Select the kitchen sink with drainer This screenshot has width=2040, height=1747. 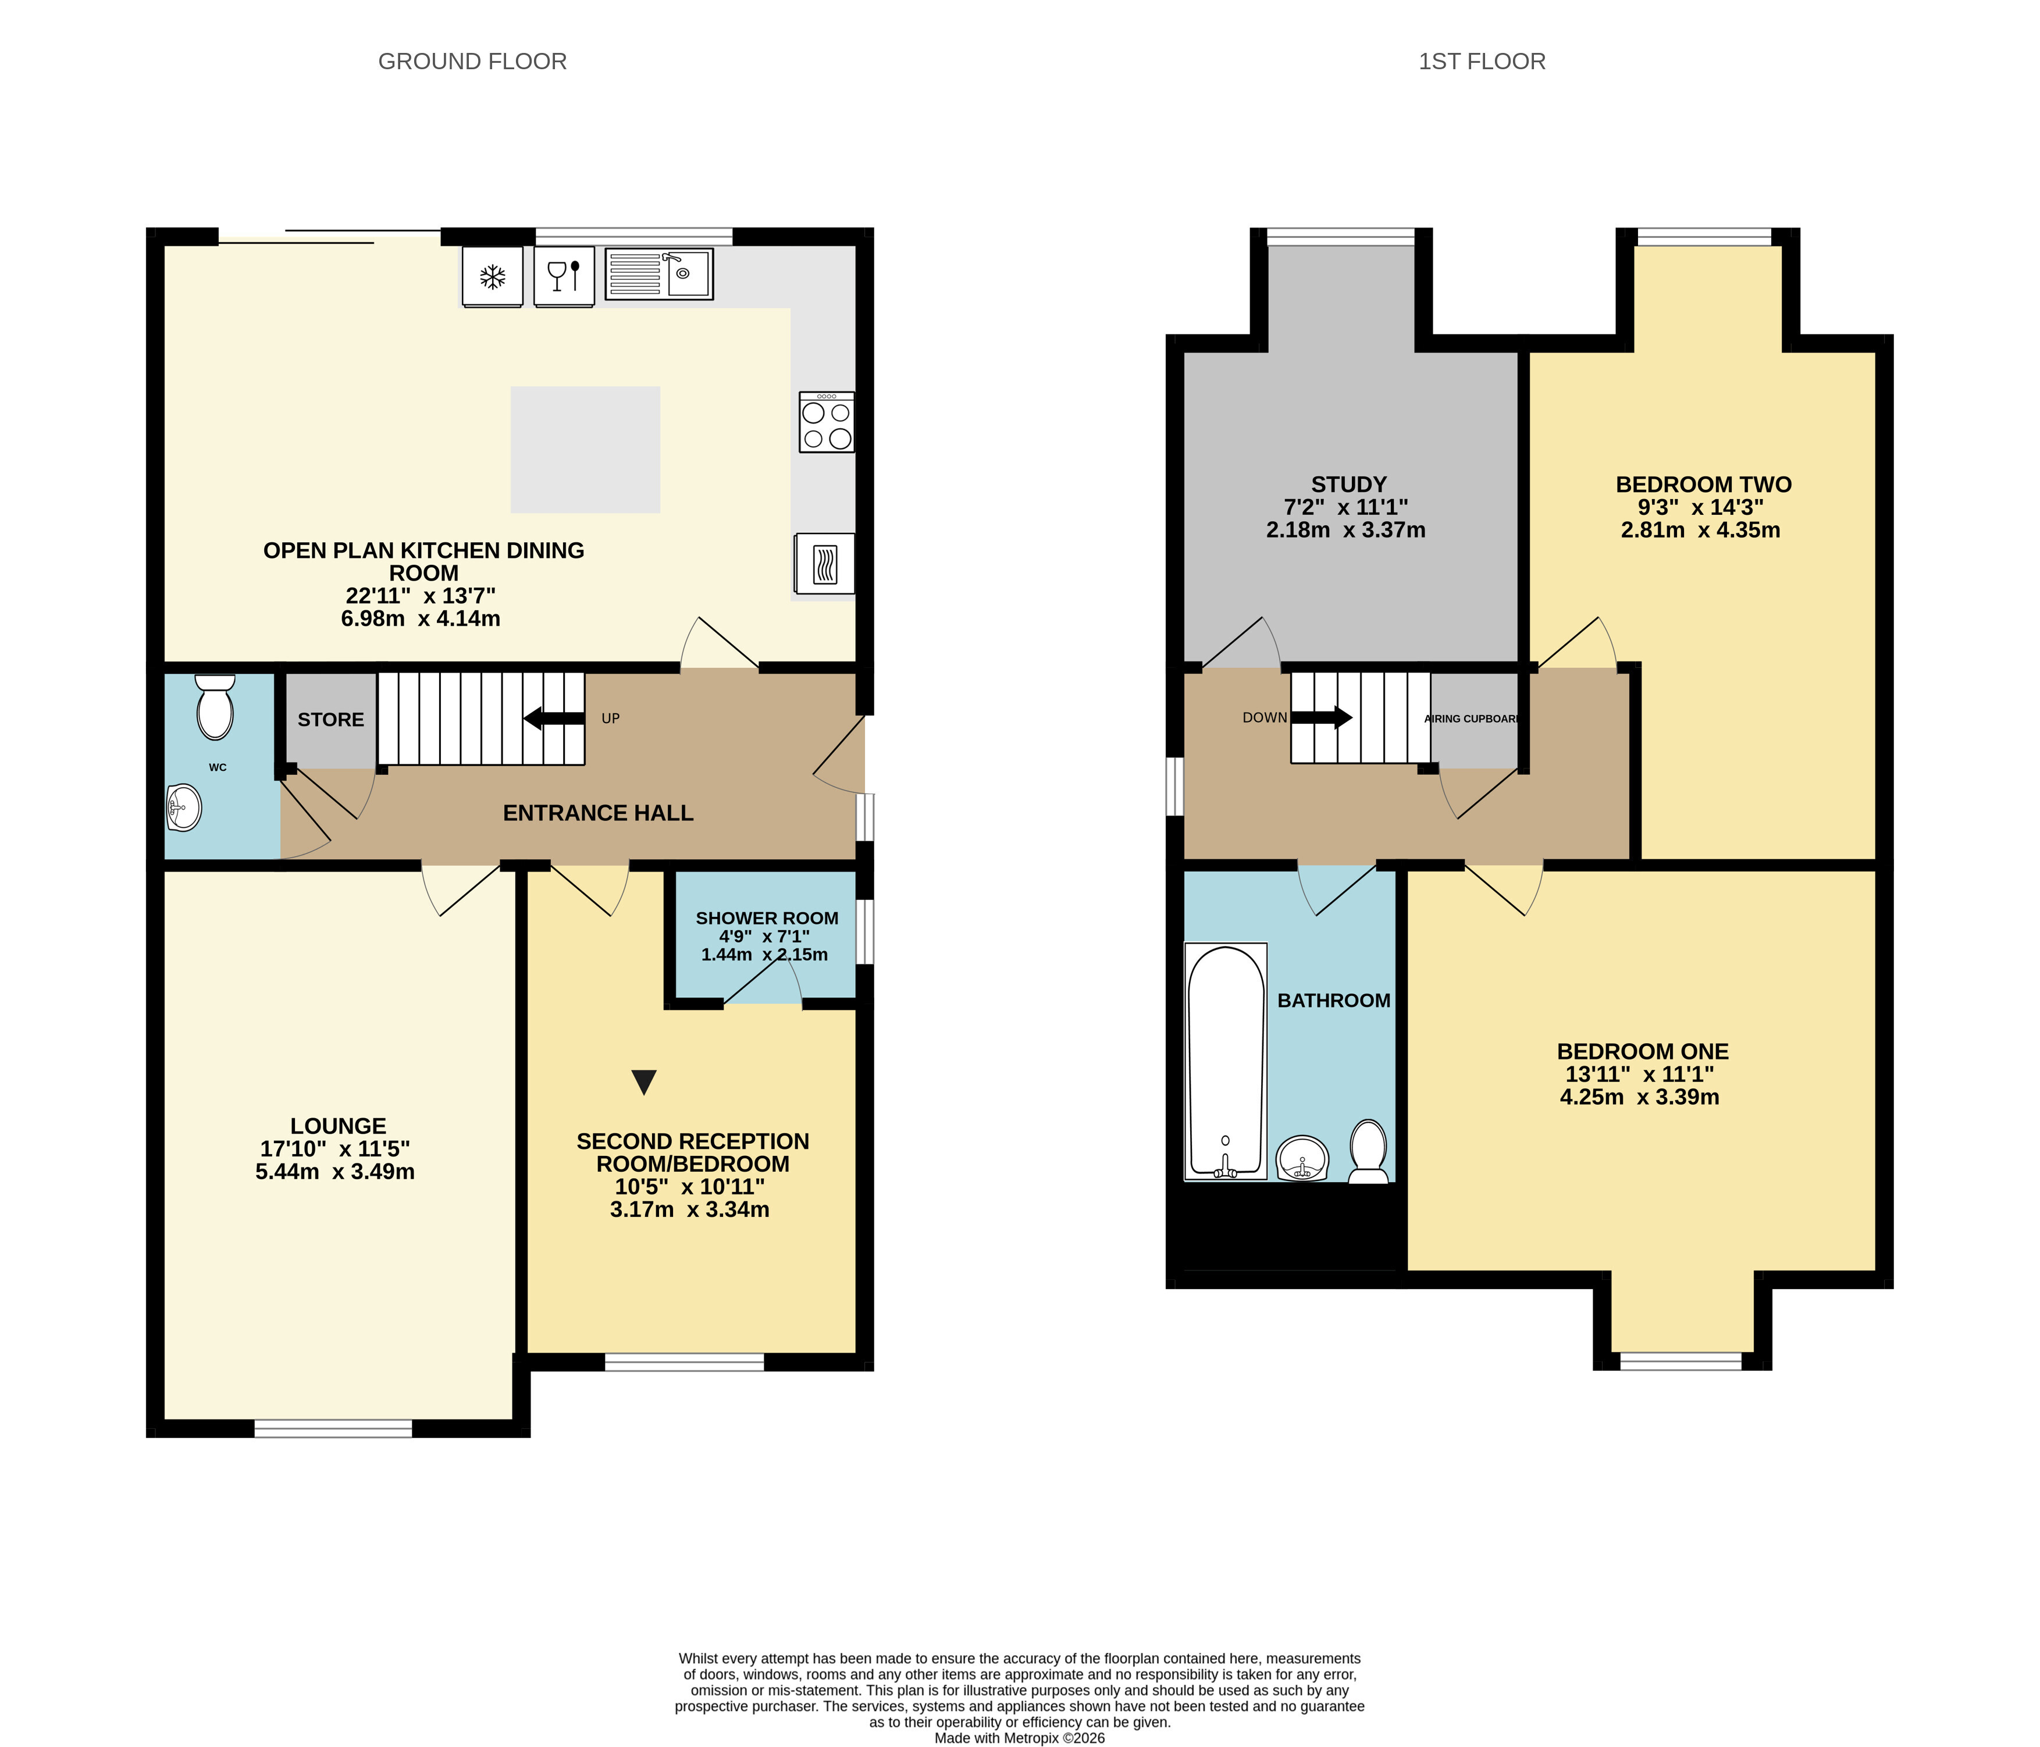[658, 274]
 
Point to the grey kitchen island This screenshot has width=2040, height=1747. [585, 449]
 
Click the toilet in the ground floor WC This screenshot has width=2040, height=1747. [215, 706]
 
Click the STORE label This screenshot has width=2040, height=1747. [331, 720]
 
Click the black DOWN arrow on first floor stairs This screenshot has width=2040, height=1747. [1321, 717]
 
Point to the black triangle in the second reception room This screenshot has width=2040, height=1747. [644, 1082]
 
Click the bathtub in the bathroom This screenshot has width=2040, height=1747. [1226, 1062]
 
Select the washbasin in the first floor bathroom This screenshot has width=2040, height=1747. [1302, 1158]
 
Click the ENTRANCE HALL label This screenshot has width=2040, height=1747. [599, 813]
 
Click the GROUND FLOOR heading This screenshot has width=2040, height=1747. [472, 61]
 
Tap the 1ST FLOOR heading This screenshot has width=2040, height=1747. [1482, 61]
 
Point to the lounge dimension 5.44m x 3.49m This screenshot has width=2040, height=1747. [334, 1172]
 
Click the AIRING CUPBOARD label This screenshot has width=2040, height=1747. [1472, 719]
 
